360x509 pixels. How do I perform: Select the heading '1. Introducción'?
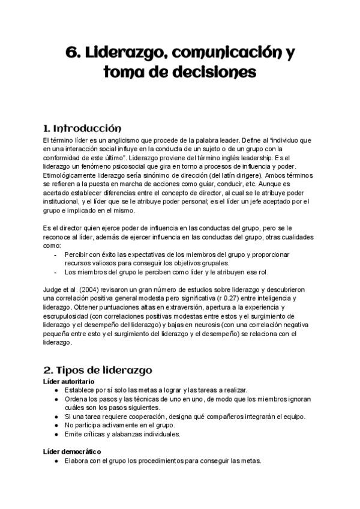tap(83, 128)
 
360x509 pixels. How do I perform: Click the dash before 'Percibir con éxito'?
tap(56, 254)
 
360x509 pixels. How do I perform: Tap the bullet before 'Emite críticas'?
tap(56, 433)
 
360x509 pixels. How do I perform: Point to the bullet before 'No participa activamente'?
tap(56, 425)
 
